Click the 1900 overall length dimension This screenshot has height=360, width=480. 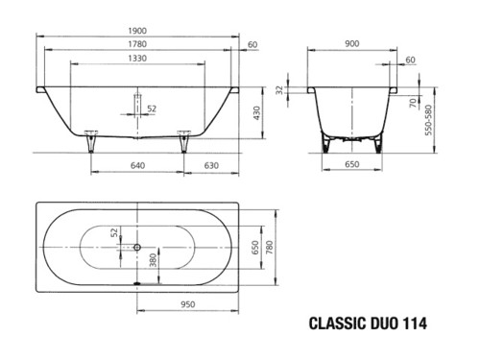click(137, 31)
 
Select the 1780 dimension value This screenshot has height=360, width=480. click(137, 44)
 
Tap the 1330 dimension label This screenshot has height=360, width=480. click(137, 59)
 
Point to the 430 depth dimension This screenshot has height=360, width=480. click(256, 113)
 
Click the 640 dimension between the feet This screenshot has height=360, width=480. click(137, 165)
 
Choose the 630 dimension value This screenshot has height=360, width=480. click(211, 165)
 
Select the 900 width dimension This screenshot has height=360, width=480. click(352, 43)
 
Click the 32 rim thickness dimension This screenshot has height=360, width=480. click(280, 90)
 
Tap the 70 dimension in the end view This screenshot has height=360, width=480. click(413, 103)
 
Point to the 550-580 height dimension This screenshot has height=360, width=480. click(428, 120)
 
